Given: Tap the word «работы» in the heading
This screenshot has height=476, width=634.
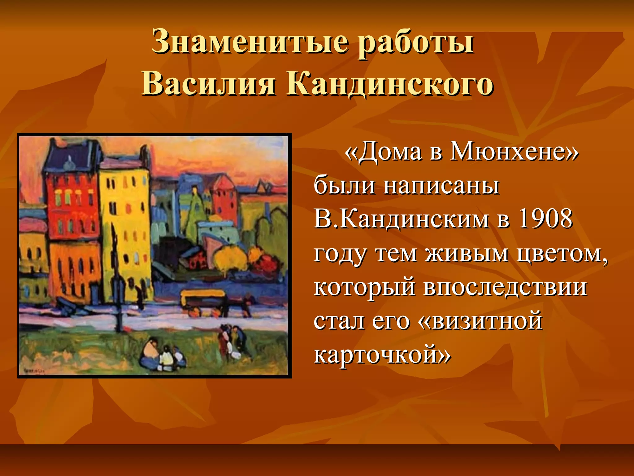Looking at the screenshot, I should [415, 43].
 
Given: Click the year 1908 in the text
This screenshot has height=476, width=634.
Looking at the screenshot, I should [545, 219].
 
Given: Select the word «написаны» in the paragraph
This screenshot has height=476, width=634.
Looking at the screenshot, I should [441, 185].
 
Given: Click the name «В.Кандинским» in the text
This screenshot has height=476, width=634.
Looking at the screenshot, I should [401, 219].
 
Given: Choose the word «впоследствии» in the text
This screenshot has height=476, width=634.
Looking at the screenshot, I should [505, 287].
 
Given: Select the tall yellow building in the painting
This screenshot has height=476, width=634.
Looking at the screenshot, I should [125, 229].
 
